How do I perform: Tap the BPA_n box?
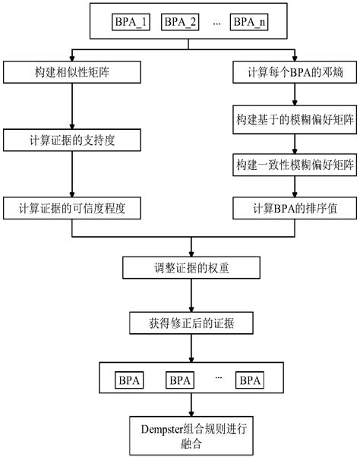point(250,22)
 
